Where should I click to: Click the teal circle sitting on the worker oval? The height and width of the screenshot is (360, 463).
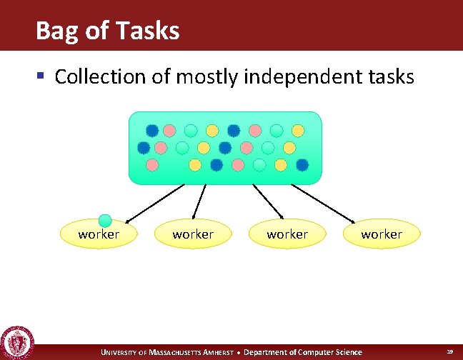(105, 220)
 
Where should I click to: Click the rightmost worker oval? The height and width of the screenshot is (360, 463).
(382, 234)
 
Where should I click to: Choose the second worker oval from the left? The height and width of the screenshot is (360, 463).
(193, 234)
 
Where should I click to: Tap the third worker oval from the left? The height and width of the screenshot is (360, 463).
(287, 234)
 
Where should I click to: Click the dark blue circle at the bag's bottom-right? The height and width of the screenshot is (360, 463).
(302, 165)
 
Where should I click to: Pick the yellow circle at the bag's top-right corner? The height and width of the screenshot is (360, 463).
(298, 131)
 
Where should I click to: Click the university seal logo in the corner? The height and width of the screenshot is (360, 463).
(16, 342)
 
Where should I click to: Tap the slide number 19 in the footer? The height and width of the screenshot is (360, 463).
(449, 351)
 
